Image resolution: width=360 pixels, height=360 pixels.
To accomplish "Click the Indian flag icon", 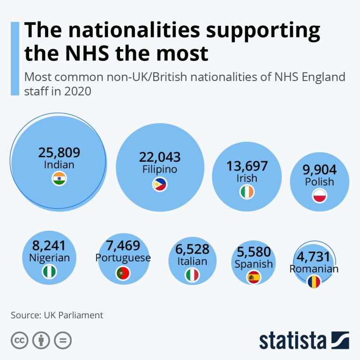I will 59,179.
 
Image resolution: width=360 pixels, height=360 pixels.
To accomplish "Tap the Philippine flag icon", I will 159,184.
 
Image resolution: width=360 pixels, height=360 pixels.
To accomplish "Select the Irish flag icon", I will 247,192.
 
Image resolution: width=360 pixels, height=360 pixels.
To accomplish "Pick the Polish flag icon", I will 319,195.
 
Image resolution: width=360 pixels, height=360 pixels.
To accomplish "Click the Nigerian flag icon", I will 49,271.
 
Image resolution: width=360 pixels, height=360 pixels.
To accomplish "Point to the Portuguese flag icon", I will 123,272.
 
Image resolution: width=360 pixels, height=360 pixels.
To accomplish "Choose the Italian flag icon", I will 193,275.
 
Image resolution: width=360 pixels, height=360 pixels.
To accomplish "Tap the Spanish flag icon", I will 254,277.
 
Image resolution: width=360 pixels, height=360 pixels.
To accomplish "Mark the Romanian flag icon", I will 314,281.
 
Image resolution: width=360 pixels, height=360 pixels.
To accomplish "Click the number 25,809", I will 59,152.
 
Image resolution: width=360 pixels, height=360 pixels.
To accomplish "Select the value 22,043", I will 160,157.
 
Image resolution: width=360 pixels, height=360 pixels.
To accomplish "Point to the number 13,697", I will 247,166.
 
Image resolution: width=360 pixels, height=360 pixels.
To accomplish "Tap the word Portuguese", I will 123,258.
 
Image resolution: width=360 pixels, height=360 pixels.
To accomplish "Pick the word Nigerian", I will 49,257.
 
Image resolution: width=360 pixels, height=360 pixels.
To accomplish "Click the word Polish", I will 319,181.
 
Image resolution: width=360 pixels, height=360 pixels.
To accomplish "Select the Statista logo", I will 304,341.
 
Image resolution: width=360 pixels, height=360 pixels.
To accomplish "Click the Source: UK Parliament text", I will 57,315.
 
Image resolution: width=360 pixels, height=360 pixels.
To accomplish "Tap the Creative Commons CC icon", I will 19,341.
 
